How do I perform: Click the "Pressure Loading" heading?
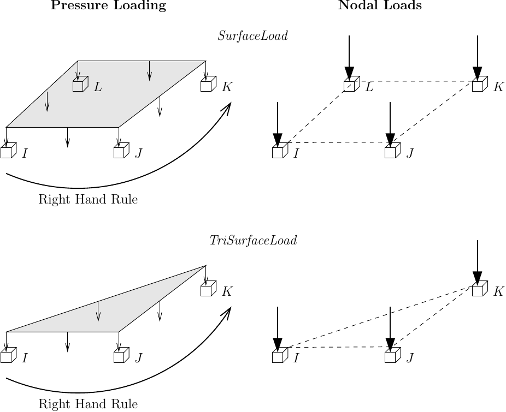(108, 6)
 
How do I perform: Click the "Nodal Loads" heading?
(380, 6)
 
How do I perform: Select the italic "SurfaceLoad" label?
(252, 37)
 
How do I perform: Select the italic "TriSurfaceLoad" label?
(253, 241)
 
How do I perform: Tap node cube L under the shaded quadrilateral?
(79, 86)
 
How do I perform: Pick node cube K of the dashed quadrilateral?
(479, 86)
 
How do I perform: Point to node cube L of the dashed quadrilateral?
(350, 86)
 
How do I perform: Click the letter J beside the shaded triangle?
(139, 358)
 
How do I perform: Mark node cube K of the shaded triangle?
(207, 290)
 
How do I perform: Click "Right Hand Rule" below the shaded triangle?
(88, 404)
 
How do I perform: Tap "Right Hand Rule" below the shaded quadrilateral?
(88, 200)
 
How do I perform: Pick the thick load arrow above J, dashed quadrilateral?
(390, 124)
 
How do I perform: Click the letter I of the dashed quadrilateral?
(296, 153)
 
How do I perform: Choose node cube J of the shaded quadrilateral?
(120, 152)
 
